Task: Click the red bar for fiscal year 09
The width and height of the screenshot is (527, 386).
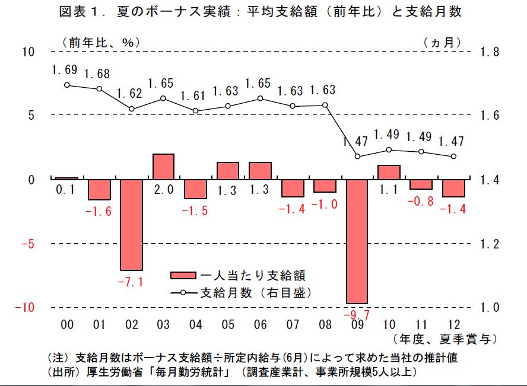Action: pyautogui.click(x=357, y=241)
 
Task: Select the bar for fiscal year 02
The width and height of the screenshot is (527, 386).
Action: pyautogui.click(x=131, y=224)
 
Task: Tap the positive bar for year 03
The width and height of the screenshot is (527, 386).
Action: pyautogui.click(x=163, y=166)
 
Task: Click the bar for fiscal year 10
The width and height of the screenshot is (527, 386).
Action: pyautogui.click(x=389, y=172)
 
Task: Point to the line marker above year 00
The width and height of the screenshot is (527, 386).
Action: pyautogui.click(x=67, y=85)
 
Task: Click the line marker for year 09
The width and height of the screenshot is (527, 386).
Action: pyautogui.click(x=357, y=157)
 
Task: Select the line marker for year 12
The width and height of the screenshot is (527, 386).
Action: pyautogui.click(x=453, y=157)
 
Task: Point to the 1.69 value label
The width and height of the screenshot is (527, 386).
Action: pyautogui.click(x=64, y=70)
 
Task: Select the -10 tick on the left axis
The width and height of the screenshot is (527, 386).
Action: pyautogui.click(x=25, y=307)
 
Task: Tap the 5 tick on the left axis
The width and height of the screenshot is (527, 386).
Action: pyautogui.click(x=31, y=115)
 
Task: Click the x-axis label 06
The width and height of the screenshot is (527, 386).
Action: pyautogui.click(x=260, y=325)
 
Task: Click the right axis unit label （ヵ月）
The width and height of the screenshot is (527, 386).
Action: pyautogui.click(x=443, y=42)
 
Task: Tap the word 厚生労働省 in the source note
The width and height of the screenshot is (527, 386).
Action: pyautogui.click(x=106, y=372)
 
